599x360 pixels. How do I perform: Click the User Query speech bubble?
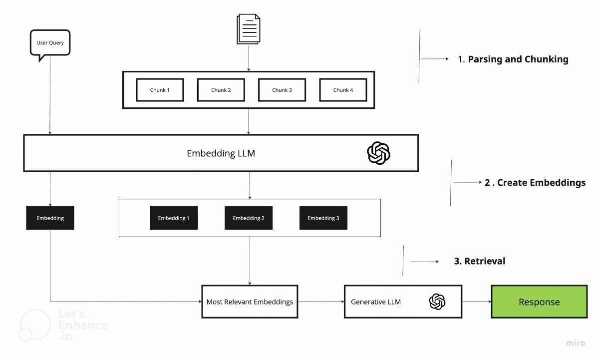50,43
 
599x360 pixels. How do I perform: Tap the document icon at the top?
249,29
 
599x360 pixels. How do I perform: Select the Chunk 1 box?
160,90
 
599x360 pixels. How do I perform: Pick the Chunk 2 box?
221,90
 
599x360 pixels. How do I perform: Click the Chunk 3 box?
282,90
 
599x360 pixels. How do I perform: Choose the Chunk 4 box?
343,90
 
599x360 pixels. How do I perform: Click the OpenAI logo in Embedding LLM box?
378,153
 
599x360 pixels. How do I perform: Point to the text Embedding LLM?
221,153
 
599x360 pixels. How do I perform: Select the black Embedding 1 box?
174,218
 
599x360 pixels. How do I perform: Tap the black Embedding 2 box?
249,218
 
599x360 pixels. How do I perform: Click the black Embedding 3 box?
323,218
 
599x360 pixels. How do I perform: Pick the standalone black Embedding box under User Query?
50,218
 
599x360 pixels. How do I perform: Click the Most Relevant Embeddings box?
250,302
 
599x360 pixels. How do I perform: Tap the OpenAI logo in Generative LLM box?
437,302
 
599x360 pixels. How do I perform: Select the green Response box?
539,302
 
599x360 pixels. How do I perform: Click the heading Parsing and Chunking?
518,59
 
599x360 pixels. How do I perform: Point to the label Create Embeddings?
535,183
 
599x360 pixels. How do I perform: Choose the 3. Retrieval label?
479,261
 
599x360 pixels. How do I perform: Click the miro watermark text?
577,344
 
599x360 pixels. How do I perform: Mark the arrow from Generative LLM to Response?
476,302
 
